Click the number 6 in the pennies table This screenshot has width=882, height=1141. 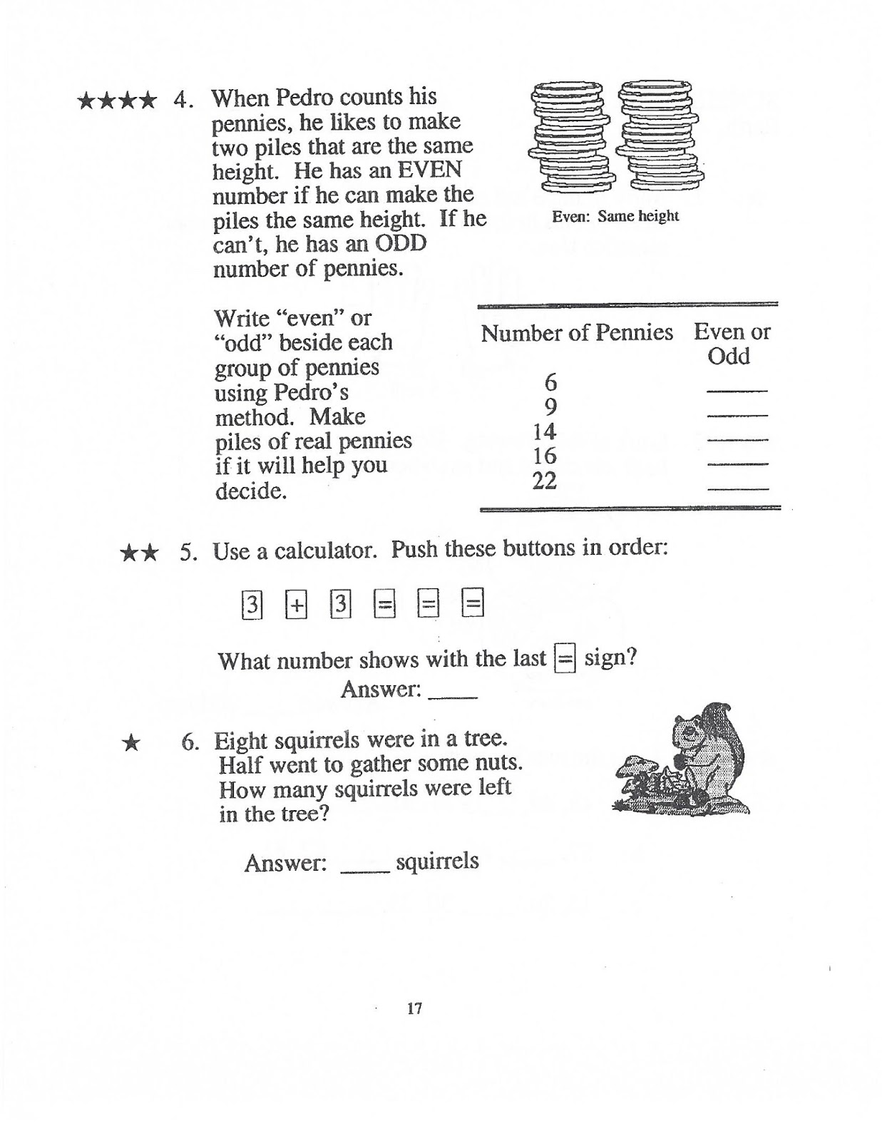point(550,383)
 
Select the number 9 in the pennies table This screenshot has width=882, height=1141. point(550,407)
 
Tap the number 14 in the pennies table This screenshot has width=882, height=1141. point(545,431)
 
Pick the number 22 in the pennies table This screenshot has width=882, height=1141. point(545,481)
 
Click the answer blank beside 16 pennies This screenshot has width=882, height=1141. point(737,463)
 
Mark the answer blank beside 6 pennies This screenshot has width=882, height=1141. point(737,389)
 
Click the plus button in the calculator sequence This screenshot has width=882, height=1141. point(296,605)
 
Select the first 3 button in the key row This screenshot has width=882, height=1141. point(252,605)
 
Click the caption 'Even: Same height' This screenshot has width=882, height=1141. point(615,216)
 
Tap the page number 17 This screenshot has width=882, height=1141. point(415,1008)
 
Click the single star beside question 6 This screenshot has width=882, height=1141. point(130,743)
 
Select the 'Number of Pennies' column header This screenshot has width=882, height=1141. point(577,333)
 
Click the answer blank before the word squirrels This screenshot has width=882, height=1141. point(366,869)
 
